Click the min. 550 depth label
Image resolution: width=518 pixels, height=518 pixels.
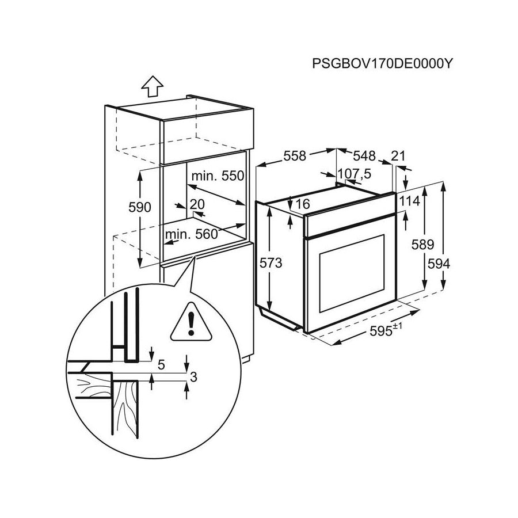point(218,176)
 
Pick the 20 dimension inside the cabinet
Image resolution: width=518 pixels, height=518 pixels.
point(197,204)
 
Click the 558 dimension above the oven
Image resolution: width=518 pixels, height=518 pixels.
point(295,155)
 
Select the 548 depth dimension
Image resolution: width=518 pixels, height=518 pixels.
point(364,155)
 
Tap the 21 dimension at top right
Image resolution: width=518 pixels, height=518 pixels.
point(398,155)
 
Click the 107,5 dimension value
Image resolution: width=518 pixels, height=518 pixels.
point(355,173)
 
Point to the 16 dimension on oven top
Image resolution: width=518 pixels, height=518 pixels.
point(302,203)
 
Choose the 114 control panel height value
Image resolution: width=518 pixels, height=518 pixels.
point(409,201)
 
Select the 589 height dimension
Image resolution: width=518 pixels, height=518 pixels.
point(424,245)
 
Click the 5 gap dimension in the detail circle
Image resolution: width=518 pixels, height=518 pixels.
point(162,364)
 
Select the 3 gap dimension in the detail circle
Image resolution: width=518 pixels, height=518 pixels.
point(193,378)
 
